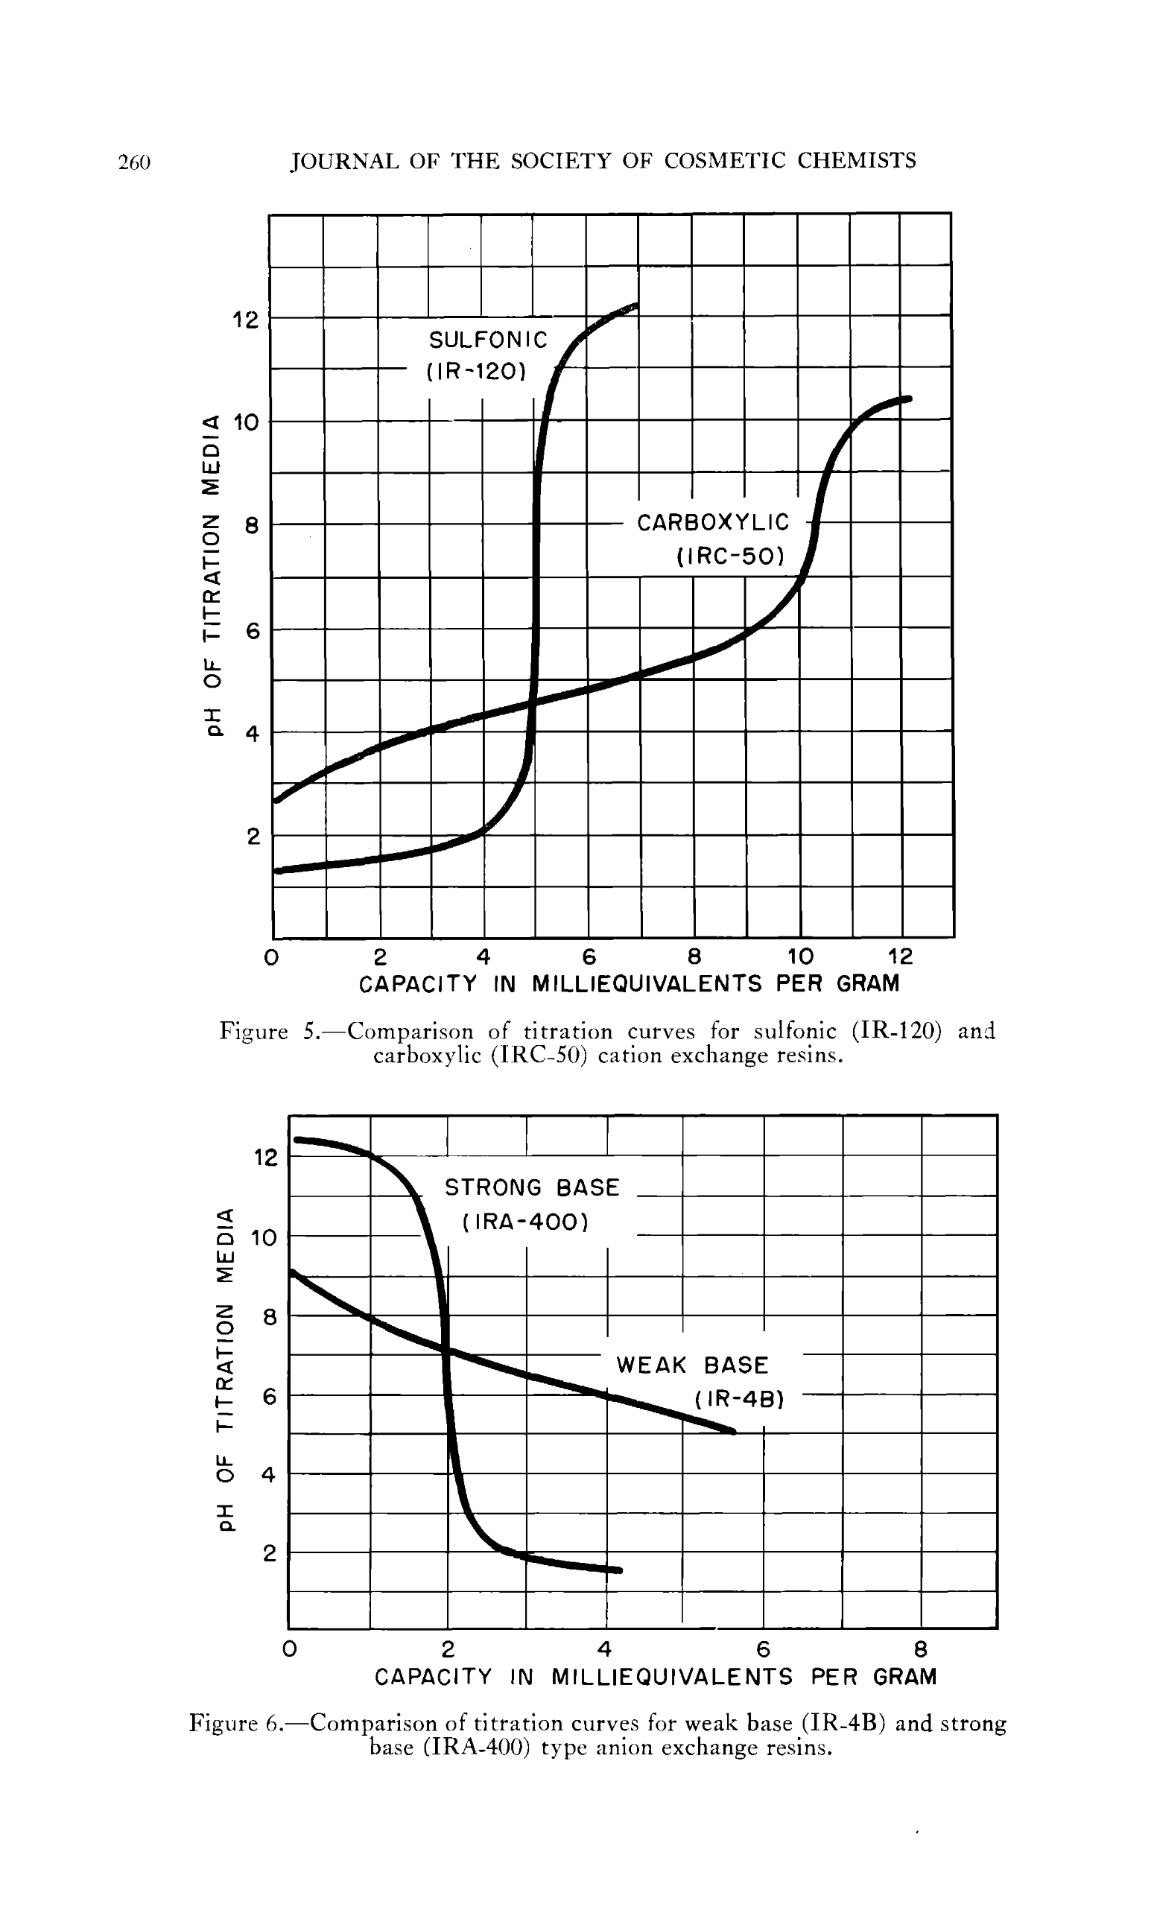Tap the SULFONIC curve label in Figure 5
(x=488, y=340)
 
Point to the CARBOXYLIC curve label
(x=713, y=522)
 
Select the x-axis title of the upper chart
(x=630, y=984)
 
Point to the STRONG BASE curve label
(x=532, y=1187)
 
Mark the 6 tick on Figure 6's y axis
(x=269, y=1396)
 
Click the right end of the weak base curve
(x=732, y=1431)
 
